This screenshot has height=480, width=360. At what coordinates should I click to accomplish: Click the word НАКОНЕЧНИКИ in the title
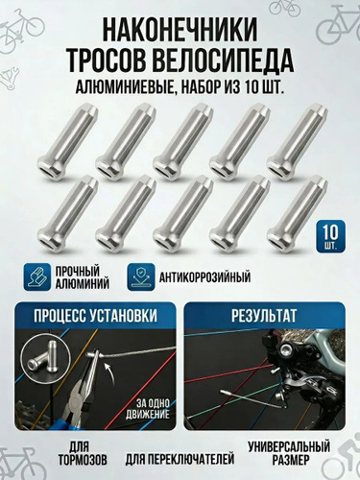180,29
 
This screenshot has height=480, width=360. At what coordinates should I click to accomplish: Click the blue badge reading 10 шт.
330,235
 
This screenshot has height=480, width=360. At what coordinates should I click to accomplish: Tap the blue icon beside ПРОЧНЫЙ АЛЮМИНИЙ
36,276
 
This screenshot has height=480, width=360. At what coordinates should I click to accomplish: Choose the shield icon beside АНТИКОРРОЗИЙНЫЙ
141,276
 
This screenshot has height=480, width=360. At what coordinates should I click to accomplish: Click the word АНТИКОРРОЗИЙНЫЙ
204,277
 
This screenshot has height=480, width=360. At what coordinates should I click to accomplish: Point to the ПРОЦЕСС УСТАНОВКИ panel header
95,316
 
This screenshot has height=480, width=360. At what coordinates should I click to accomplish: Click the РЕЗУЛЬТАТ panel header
264,316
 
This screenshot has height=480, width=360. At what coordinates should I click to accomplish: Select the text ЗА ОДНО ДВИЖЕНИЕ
148,409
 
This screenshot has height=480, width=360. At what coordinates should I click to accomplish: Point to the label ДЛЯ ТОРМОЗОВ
83,454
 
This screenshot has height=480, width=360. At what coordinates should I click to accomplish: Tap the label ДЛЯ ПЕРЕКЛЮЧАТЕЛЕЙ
180,460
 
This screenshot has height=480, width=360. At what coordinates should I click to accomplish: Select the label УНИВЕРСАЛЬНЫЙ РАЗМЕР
289,453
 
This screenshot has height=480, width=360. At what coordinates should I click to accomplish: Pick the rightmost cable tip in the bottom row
298,212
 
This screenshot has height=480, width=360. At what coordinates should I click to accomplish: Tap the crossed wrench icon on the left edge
11,79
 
